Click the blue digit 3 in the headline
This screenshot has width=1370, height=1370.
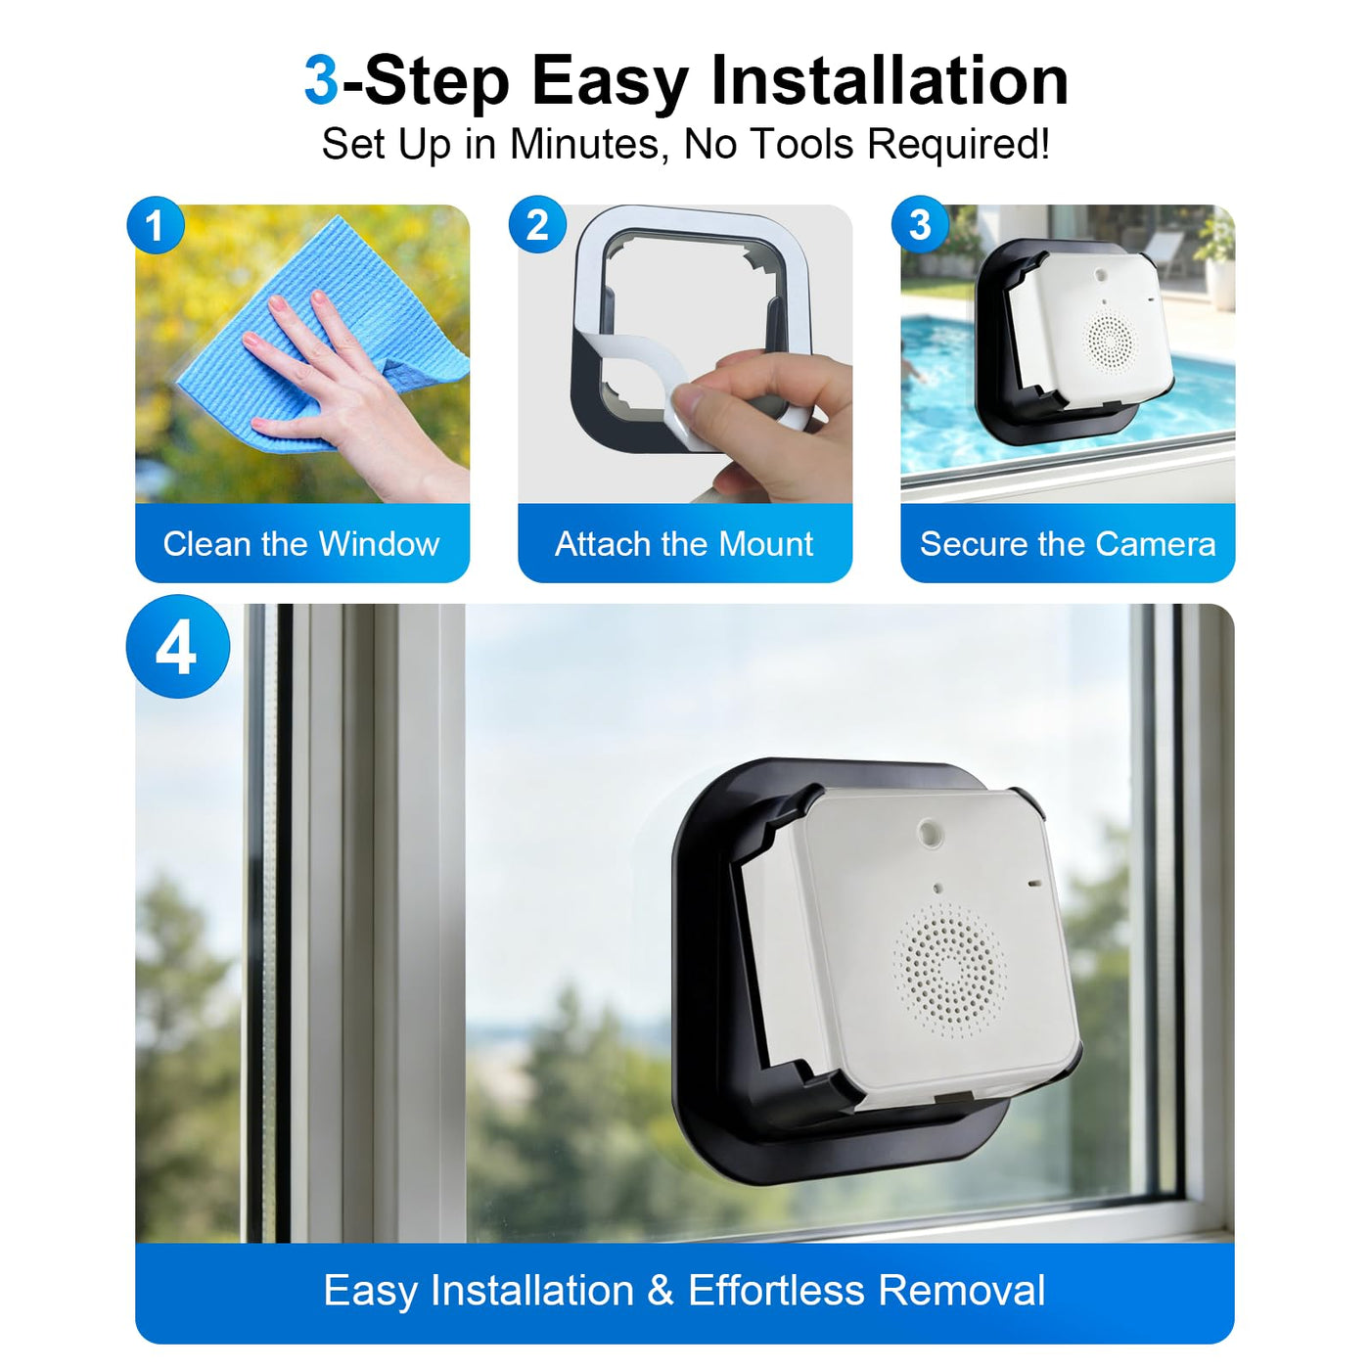[321, 81]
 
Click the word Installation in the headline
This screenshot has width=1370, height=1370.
[890, 81]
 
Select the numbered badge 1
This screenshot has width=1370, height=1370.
[156, 225]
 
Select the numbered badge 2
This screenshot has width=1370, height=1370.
[537, 225]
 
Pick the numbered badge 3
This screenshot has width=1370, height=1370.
[920, 225]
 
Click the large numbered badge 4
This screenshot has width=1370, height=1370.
[178, 646]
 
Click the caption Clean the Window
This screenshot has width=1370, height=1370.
[301, 544]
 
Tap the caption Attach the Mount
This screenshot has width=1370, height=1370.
[684, 544]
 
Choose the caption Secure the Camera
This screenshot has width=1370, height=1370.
[1068, 544]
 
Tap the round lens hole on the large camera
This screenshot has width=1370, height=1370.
[927, 830]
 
